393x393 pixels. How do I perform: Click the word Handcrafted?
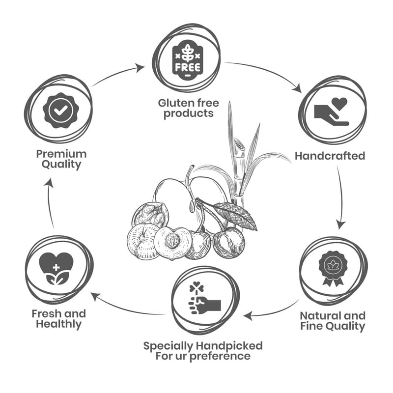pyautogui.click(x=330, y=156)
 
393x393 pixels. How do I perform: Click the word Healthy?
pyautogui.click(x=58, y=324)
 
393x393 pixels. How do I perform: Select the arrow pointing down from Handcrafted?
pyautogui.click(x=341, y=196)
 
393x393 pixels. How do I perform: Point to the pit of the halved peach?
pyautogui.click(x=171, y=241)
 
